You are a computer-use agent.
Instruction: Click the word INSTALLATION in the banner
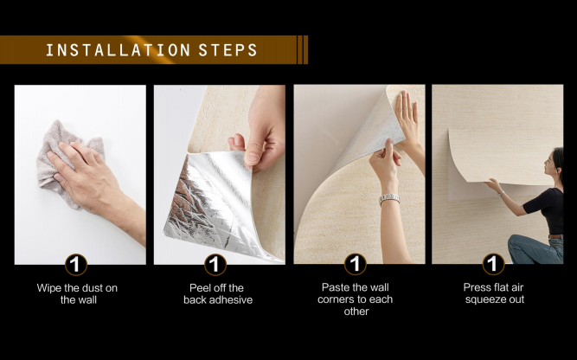tap(119, 50)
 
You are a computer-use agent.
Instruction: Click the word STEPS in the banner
tap(228, 50)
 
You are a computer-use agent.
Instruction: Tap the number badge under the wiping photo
tap(76, 264)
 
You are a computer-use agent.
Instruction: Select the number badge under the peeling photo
tap(215, 264)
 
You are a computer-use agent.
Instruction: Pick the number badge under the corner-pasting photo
tap(355, 264)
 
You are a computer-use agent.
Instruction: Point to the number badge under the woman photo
tap(493, 264)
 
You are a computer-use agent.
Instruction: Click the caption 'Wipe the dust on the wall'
tap(77, 293)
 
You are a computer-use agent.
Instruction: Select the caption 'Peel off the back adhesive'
tap(218, 293)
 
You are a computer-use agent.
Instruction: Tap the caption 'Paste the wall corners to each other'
tap(356, 299)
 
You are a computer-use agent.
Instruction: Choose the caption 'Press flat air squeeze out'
tap(494, 293)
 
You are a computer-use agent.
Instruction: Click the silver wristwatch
tap(389, 199)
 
